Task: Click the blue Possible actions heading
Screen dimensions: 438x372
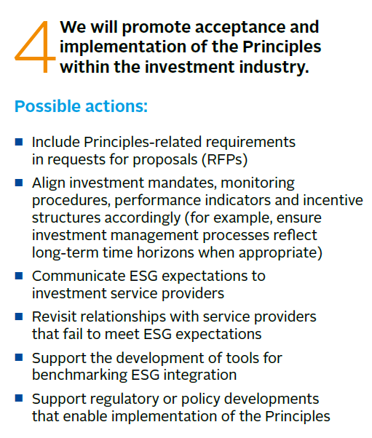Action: (x=81, y=106)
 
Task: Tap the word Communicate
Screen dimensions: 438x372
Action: (x=80, y=276)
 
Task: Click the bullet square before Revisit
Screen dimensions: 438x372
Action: (x=19, y=318)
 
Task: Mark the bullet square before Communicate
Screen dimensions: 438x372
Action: (x=19, y=276)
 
